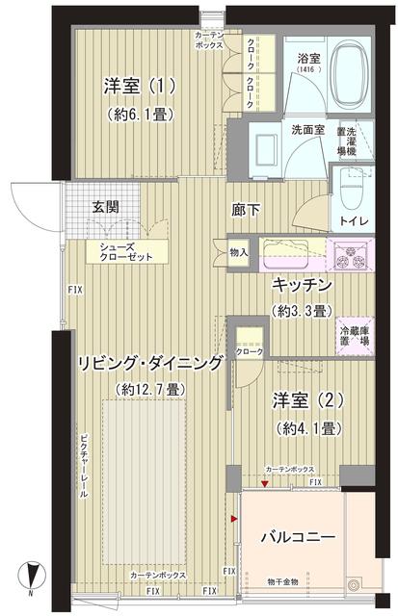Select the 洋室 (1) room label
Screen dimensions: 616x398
tap(140, 87)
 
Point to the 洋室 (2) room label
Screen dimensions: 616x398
tap(307, 399)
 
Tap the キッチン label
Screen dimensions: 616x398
tap(303, 286)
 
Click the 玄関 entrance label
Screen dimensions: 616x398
tap(106, 206)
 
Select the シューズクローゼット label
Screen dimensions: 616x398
tap(121, 253)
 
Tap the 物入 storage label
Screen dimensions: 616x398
tap(240, 254)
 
